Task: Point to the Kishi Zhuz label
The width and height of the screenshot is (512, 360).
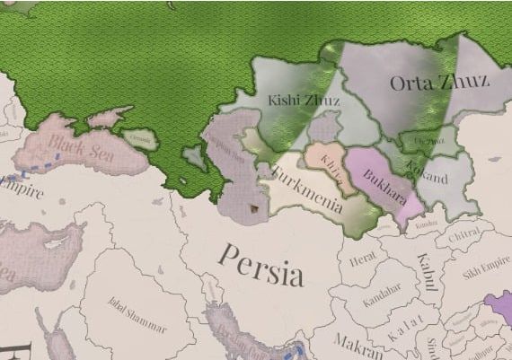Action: [x=304, y=101]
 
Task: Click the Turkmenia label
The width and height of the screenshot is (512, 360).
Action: [x=306, y=190]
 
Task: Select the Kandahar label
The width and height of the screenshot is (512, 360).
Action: [x=381, y=300]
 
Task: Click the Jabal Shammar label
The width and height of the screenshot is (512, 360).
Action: [x=137, y=312]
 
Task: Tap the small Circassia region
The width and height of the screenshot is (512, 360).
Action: [x=141, y=139]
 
